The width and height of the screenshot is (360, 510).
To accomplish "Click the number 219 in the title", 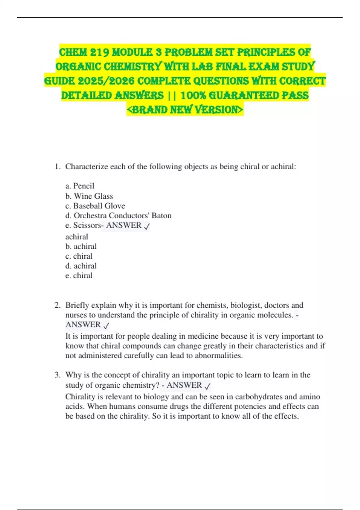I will tap(97, 52).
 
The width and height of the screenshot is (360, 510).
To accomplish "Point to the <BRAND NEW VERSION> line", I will tap(185, 110).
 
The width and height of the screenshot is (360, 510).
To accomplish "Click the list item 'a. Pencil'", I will tap(80, 186).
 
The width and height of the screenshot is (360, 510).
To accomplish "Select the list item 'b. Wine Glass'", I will tap(89, 196).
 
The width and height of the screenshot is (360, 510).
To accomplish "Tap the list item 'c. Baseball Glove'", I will tap(95, 206).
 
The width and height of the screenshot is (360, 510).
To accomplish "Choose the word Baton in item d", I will tap(161, 215).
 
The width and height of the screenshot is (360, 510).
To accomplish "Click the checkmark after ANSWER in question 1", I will tap(147, 226).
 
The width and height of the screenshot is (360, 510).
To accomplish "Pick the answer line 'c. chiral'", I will tap(79, 256).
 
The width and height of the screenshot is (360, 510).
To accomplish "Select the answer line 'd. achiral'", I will tap(81, 266).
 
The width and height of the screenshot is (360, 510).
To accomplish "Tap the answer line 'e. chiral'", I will tap(79, 275).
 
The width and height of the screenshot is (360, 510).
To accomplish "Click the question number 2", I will tap(57, 305).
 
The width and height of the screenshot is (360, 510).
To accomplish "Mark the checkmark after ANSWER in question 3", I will tap(207, 386).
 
